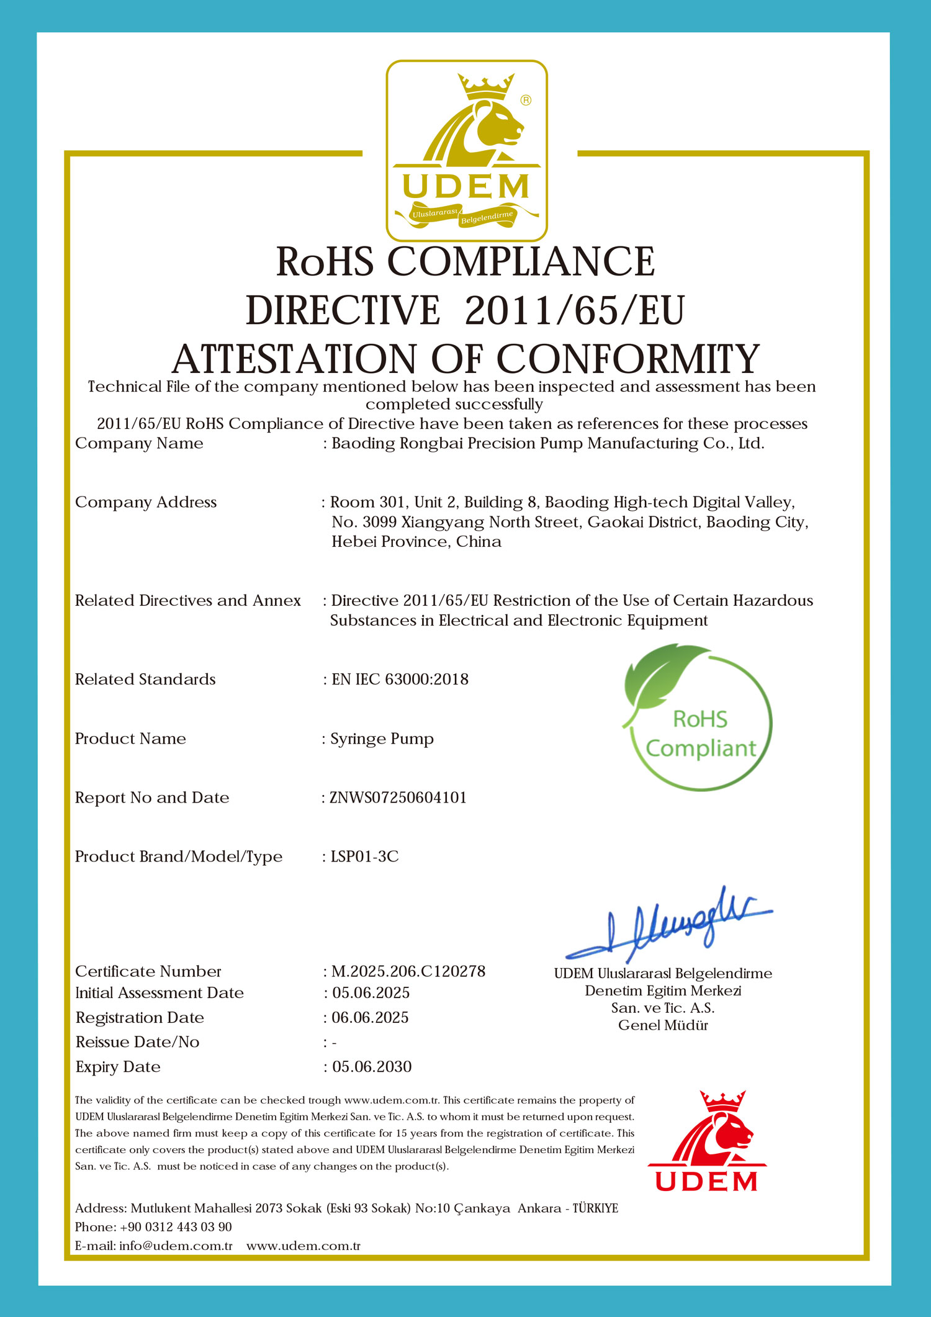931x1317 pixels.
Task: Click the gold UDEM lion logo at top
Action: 466,151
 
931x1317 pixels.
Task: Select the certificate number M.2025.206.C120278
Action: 408,971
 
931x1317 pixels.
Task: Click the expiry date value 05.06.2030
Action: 372,1067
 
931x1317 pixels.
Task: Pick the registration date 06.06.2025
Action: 370,1018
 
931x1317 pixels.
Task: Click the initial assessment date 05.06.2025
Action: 371,993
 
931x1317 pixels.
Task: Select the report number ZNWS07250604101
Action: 398,798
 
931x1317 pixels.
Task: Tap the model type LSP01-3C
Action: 364,856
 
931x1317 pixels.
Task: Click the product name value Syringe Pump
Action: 382,739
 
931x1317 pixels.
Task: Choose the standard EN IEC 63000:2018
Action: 400,680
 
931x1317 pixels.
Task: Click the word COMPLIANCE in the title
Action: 521,261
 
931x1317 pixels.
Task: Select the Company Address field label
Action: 146,502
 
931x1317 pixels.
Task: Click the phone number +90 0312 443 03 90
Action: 176,1227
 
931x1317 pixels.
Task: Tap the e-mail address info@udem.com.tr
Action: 176,1246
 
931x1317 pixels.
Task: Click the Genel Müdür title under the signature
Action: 663,1025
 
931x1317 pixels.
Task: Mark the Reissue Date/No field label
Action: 137,1042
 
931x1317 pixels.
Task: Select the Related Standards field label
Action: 145,680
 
